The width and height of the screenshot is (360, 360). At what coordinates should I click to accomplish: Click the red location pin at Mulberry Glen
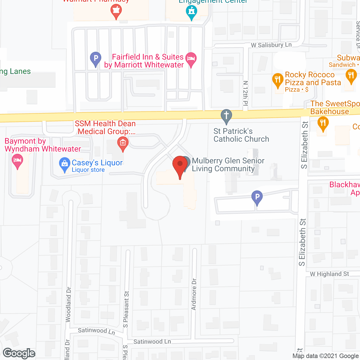[x=180, y=165]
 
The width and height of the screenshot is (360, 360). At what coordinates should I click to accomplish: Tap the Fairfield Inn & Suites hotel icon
[x=191, y=59]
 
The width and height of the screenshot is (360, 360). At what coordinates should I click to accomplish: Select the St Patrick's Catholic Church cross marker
[x=226, y=115]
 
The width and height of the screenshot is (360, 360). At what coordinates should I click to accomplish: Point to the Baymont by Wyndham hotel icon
[x=17, y=161]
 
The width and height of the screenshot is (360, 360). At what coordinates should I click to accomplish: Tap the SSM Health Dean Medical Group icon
[x=123, y=143]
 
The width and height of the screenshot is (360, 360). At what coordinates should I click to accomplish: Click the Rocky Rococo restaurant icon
[x=278, y=80]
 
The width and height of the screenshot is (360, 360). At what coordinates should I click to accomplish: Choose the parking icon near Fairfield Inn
[x=96, y=58]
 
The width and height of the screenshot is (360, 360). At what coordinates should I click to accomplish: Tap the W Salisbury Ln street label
[x=271, y=45]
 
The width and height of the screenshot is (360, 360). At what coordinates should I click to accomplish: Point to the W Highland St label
[x=329, y=274]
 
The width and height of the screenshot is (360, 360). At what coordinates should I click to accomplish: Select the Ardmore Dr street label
[x=194, y=294]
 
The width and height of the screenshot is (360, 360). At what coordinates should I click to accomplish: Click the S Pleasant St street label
[x=126, y=309]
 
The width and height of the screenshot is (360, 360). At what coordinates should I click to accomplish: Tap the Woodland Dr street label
[x=68, y=304]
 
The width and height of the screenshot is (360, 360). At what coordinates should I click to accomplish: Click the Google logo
[x=19, y=353]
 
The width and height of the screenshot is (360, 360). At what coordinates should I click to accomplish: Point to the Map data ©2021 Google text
[x=326, y=356]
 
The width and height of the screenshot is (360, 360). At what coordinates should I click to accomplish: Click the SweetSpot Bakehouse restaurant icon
[x=323, y=123]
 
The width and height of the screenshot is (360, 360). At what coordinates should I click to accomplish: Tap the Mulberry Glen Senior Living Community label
[x=228, y=165]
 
